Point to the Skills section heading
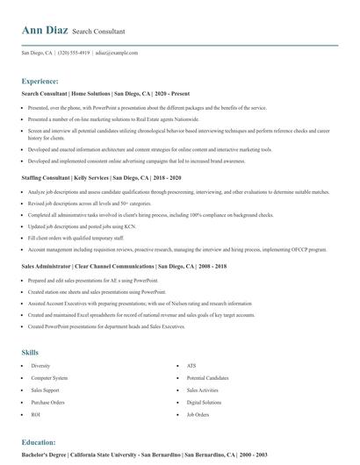pyautogui.click(x=30, y=352)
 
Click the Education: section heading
pyautogui.click(x=39, y=442)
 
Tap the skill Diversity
pyautogui.click(x=40, y=365)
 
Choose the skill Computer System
pyautogui.click(x=49, y=377)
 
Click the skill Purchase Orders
pyautogui.click(x=47, y=402)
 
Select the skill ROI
pyautogui.click(x=36, y=414)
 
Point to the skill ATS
pyautogui.click(x=191, y=365)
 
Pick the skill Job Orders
pyautogui.click(x=198, y=414)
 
